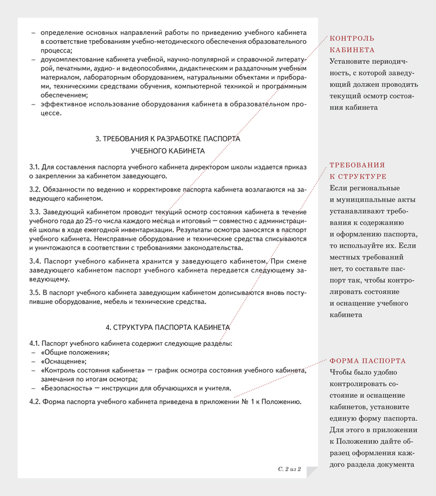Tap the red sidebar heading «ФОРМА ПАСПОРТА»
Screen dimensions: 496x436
367,361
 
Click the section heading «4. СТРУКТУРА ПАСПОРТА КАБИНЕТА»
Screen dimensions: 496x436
167,327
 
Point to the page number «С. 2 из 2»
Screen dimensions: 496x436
289,469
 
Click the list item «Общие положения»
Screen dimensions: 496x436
75,352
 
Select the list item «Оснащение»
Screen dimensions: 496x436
63,361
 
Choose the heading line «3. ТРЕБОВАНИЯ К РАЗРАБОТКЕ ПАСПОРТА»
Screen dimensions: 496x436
168,139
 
